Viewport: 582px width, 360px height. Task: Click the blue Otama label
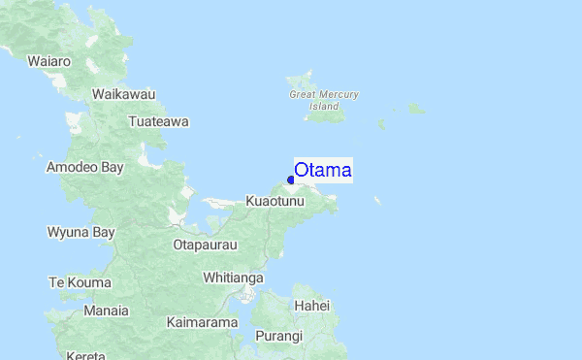(323, 170)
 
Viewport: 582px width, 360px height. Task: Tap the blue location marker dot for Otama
(291, 180)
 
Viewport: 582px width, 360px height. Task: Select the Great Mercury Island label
(324, 100)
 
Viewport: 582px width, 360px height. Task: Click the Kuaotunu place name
(275, 201)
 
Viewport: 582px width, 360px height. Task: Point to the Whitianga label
(233, 278)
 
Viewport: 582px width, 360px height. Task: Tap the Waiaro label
(49, 61)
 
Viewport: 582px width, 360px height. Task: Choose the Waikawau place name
(123, 94)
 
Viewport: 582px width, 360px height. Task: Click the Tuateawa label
(158, 122)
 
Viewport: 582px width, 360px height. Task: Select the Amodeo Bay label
(85, 167)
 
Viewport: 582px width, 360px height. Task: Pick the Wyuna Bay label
(81, 232)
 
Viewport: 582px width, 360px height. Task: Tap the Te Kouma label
(80, 282)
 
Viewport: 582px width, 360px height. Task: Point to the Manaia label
(107, 311)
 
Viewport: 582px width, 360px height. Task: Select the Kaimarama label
(202, 321)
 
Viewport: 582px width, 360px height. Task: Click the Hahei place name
(312, 306)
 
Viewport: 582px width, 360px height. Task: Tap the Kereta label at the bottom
(86, 355)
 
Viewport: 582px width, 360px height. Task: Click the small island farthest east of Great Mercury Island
(415, 109)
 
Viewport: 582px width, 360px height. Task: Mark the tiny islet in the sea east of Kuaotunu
(377, 201)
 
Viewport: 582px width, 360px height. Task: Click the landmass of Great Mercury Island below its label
(322, 116)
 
